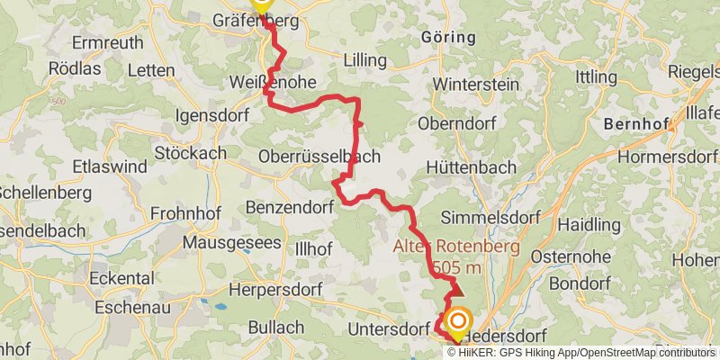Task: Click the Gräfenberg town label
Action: tap(255, 21)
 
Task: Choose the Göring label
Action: tap(447, 37)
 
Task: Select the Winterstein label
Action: tap(477, 84)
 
